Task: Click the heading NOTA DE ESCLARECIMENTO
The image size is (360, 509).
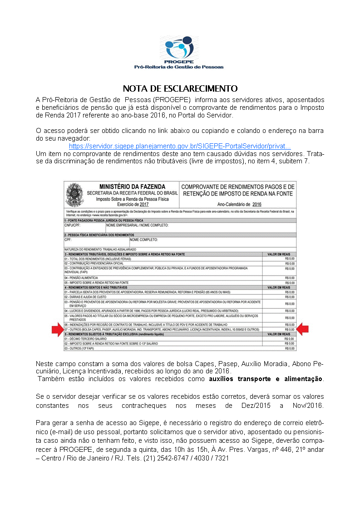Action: click(x=180, y=88)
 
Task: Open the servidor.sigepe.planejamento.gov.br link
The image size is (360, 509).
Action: click(x=180, y=147)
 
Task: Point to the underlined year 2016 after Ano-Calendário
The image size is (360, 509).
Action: click(x=257, y=205)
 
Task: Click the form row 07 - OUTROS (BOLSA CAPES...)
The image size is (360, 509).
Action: click(x=162, y=329)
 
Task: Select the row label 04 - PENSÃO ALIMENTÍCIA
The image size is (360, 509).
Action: click(x=81, y=278)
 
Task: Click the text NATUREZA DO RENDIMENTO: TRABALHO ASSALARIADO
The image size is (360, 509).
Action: click(x=100, y=249)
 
